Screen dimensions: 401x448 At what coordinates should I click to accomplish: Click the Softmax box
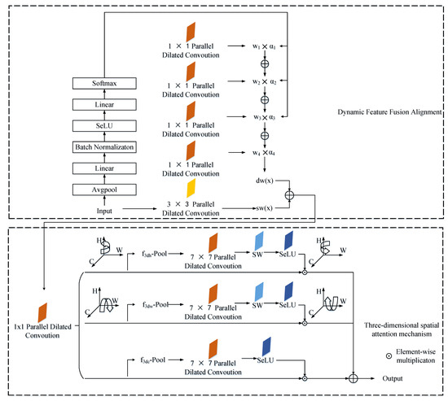coord(102,83)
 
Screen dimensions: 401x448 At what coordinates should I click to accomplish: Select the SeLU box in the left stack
coord(102,124)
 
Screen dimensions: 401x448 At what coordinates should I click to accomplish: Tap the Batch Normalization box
coord(102,146)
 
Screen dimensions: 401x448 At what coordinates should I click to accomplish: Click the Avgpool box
coord(102,190)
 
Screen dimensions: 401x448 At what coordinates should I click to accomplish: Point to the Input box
coord(102,210)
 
